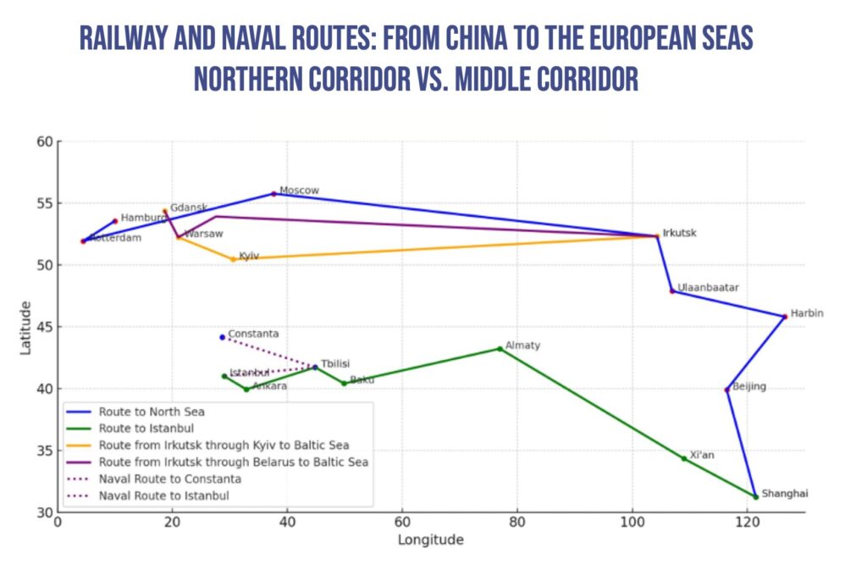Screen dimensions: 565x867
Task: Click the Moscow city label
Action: coord(299,191)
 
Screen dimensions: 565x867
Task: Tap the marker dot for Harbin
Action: coord(785,317)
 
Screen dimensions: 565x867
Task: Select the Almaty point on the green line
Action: coord(500,348)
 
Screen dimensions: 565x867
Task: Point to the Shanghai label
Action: coord(785,494)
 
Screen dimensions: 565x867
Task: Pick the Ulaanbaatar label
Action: coord(708,288)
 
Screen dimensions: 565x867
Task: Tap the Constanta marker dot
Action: coord(223,337)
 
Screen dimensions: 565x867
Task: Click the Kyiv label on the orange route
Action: coord(249,255)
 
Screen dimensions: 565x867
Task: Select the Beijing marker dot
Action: coord(727,390)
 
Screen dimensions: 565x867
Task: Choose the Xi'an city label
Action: coord(702,455)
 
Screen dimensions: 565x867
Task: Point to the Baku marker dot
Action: coord(345,384)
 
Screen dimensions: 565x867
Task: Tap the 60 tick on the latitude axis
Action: coord(43,141)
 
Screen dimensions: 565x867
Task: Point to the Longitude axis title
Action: coord(431,540)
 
